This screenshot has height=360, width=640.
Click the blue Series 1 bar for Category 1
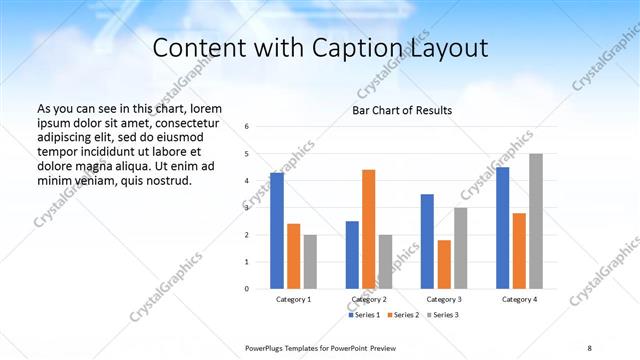click(277, 231)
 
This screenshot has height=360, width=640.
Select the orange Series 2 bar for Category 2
click(369, 229)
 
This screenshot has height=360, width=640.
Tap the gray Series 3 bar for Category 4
click(536, 221)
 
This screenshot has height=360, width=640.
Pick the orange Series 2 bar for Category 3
click(444, 264)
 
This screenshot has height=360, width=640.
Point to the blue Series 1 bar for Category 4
click(502, 228)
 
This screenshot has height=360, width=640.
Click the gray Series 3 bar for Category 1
click(310, 262)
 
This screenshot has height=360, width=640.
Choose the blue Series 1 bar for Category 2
click(352, 255)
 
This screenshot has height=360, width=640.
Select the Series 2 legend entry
click(403, 315)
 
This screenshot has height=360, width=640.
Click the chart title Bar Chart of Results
click(403, 110)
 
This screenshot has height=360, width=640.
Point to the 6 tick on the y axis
click(247, 127)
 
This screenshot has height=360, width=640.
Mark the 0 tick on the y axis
click(247, 289)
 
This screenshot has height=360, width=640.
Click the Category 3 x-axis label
click(443, 300)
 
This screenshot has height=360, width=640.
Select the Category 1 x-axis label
click(294, 300)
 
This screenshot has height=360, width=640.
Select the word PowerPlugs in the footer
click(268, 347)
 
